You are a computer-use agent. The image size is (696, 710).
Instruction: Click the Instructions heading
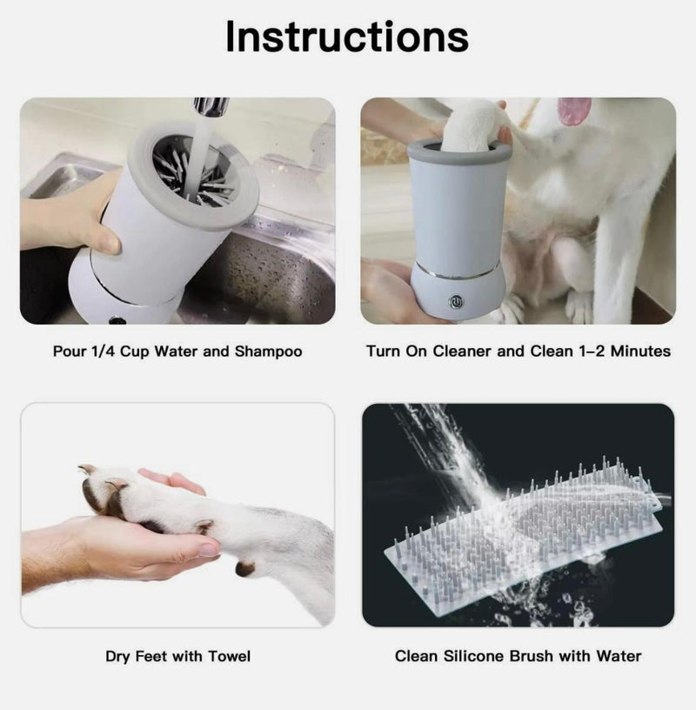pos(347,37)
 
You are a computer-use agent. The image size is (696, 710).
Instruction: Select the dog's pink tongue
pos(573,110)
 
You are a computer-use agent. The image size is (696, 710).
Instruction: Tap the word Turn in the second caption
pos(383,352)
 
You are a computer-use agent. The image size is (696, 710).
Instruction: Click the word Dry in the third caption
pos(118,655)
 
